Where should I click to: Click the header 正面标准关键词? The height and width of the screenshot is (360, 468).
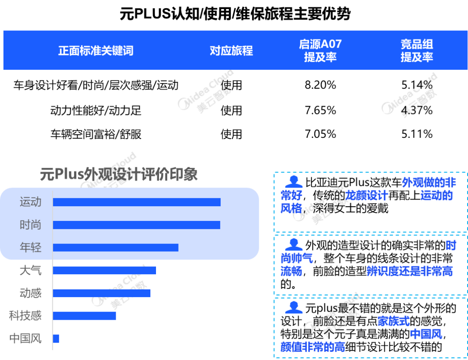click(95, 51)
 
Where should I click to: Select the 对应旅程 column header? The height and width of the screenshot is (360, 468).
click(231, 51)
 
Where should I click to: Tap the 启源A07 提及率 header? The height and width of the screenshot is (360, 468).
click(320, 50)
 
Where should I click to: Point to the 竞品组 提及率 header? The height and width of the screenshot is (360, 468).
click(416, 50)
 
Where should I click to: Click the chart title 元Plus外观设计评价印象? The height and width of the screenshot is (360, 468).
click(119, 174)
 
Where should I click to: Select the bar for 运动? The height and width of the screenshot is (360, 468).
click(136, 202)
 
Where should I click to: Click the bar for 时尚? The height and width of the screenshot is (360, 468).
click(136, 225)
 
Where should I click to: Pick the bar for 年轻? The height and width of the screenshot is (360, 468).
click(115, 247)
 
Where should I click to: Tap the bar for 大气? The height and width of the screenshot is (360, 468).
click(104, 270)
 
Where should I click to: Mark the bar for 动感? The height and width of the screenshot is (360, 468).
click(101, 293)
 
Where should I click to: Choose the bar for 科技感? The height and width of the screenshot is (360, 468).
click(84, 315)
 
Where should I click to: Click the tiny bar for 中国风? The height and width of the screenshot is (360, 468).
click(56, 338)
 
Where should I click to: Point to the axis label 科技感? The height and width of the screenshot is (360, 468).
click(25, 315)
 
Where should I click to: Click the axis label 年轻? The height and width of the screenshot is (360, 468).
click(30, 247)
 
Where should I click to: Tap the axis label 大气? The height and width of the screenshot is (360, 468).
click(30, 270)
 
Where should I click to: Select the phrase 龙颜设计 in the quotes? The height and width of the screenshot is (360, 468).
click(367, 196)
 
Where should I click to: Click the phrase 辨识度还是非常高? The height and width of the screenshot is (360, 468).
click(409, 272)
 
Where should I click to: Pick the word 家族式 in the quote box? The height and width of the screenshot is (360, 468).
click(393, 321)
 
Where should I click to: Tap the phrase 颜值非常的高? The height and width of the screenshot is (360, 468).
click(312, 347)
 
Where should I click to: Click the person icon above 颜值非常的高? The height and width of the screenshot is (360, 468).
click(294, 307)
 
